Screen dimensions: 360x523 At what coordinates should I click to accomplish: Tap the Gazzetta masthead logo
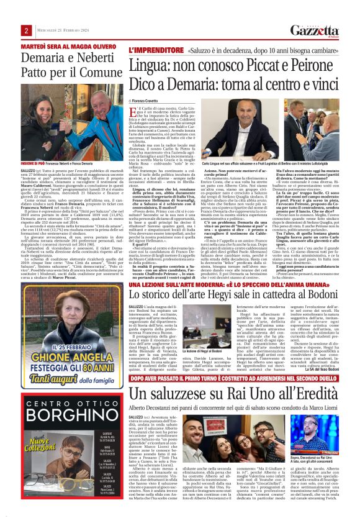(318, 29)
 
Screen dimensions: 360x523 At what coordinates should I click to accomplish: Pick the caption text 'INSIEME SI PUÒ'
(32, 163)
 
